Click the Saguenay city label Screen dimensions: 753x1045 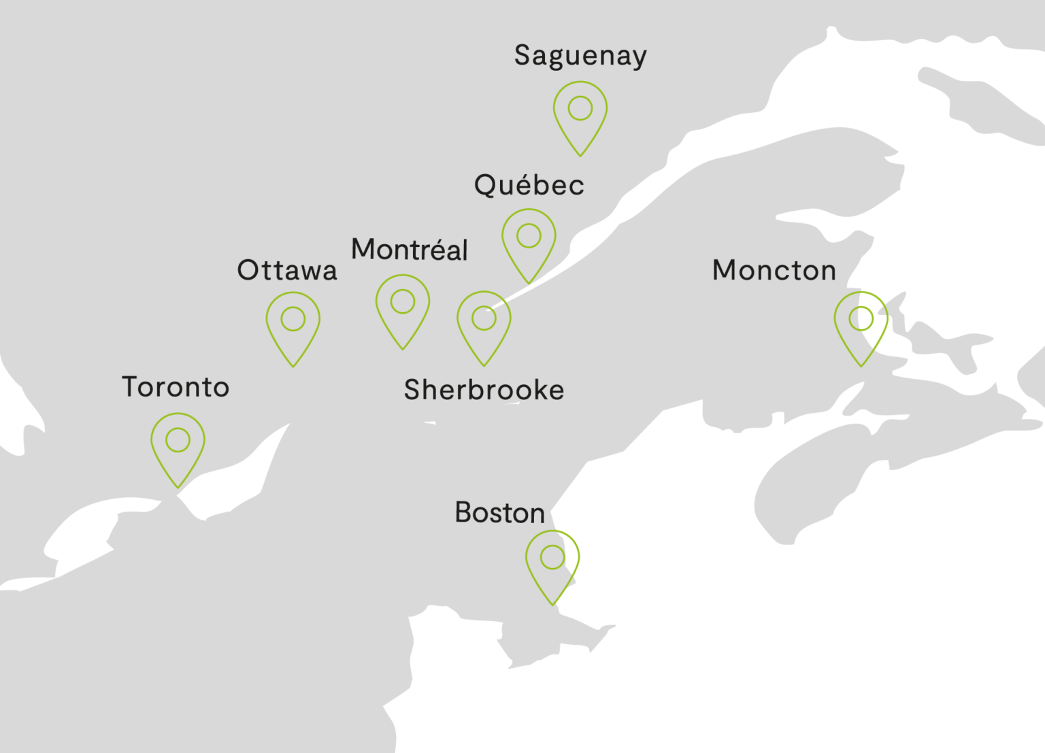coord(580,56)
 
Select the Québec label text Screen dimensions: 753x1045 coord(529,185)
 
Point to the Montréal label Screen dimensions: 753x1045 coord(410,250)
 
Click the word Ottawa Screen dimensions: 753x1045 coord(287,271)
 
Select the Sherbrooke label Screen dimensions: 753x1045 coord(484,390)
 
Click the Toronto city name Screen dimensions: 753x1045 coord(176,387)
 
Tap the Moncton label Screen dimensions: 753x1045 coord(774,271)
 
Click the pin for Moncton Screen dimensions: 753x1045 coord(861,327)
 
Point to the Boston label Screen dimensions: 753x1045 coord(500,513)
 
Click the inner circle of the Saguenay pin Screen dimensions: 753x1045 coord(580,108)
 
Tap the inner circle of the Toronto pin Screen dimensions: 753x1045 coord(178,440)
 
